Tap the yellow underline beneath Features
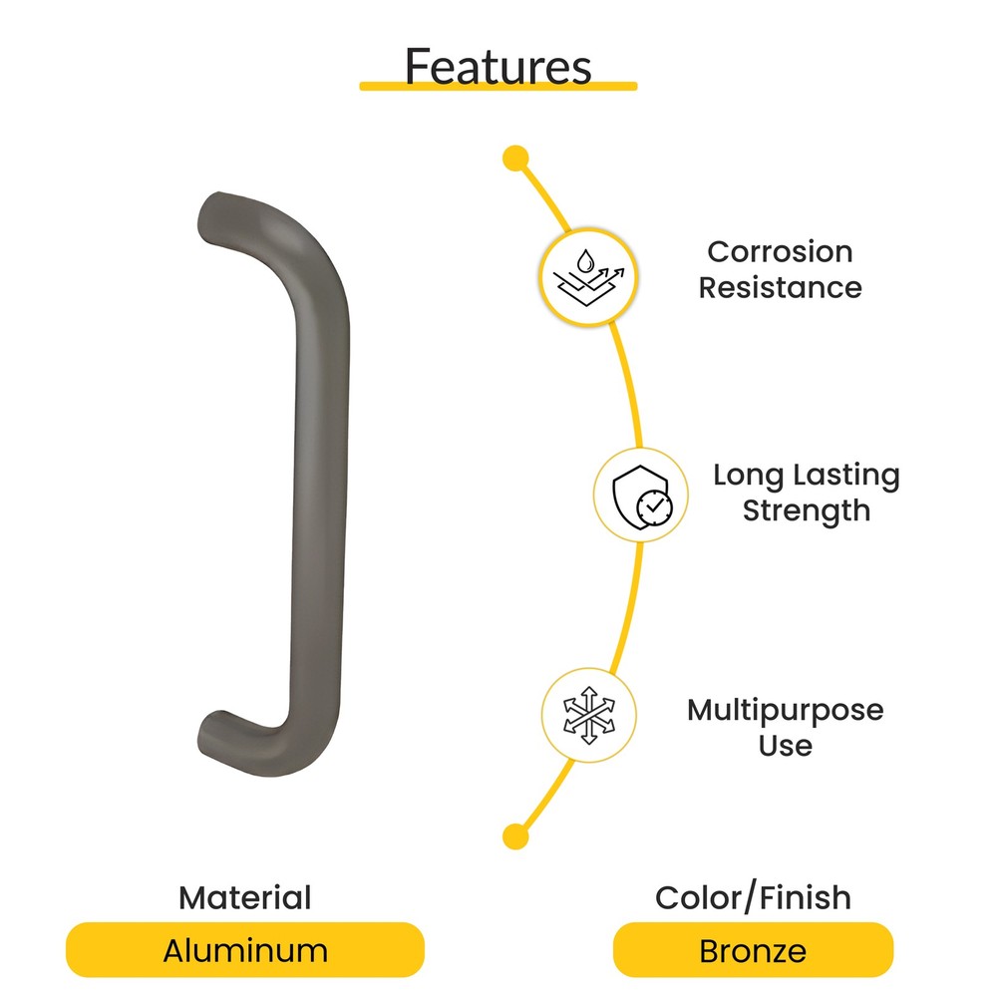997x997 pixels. coord(498,87)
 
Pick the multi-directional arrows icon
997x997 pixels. coord(589,715)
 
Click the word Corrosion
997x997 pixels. coord(780,251)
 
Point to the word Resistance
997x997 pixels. coord(780,287)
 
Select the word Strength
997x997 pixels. coord(806,510)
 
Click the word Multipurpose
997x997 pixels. coord(785,710)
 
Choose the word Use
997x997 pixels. coord(785,745)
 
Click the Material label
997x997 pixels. coord(244,897)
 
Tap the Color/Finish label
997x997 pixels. coord(753,897)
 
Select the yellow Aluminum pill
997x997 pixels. coord(244,950)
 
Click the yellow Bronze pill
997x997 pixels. coord(753,950)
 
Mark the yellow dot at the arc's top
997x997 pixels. coord(515,158)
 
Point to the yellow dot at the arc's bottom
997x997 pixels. coord(514,835)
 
